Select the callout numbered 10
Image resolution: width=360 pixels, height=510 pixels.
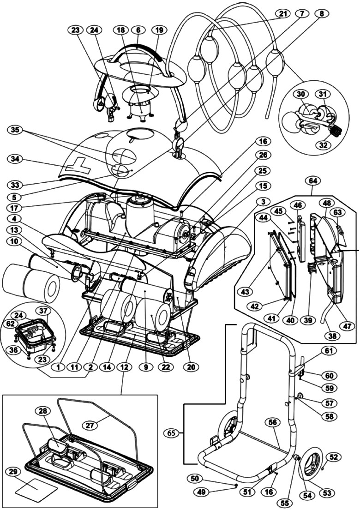point(15,240)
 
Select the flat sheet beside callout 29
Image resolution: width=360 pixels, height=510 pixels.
point(36,488)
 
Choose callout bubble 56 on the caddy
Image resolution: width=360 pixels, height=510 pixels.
point(273,422)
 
